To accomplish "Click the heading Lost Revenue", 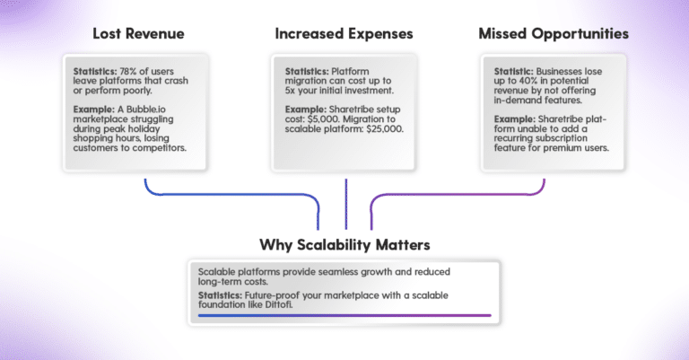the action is point(138,34).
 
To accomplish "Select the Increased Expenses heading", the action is point(344,34).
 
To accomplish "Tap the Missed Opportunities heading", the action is point(554,34).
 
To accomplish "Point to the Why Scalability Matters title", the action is point(344,245).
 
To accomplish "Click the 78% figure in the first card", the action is point(128,71).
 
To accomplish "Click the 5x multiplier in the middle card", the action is point(290,91).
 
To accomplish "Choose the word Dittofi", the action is point(279,304).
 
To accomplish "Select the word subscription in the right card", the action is point(563,138).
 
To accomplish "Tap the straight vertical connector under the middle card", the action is point(346,204).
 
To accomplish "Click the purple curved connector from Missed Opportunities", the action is point(457,194).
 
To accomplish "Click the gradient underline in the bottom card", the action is point(344,316).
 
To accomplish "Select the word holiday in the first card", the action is point(144,128).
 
